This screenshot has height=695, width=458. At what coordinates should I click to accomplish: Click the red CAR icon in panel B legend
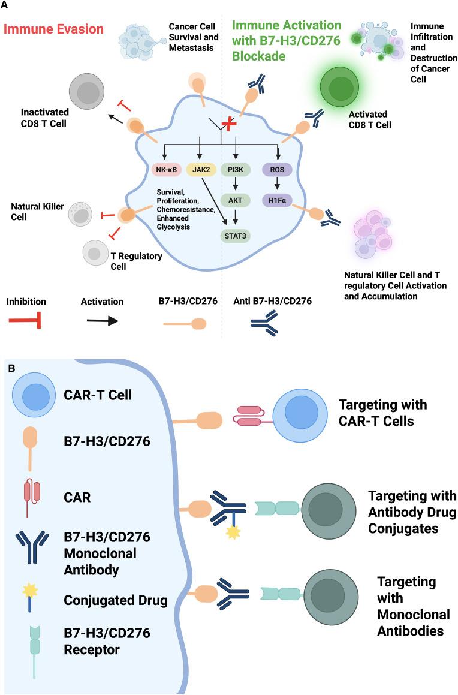(x=28, y=495)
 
